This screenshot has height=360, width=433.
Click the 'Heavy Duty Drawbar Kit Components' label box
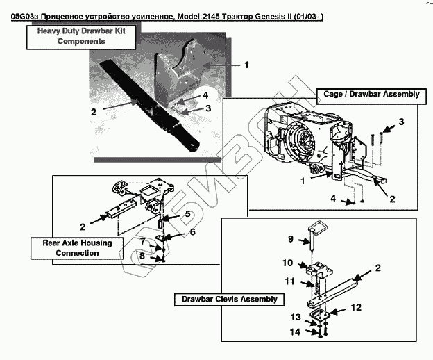click(81, 38)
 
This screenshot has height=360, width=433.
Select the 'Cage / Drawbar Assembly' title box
click(371, 96)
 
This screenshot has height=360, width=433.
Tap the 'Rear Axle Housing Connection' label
click(77, 248)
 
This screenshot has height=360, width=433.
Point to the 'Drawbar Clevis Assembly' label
click(229, 300)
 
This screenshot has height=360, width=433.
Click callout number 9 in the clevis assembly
click(291, 239)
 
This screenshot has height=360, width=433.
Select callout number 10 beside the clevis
click(287, 263)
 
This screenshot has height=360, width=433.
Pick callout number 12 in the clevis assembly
click(356, 307)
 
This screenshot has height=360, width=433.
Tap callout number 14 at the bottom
click(295, 332)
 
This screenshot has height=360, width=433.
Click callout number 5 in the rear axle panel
click(187, 214)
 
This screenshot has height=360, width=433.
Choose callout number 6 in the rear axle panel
click(192, 232)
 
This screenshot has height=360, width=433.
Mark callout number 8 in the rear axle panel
click(142, 256)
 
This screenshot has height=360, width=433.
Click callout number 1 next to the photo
click(246, 65)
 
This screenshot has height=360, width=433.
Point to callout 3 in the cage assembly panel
click(401, 122)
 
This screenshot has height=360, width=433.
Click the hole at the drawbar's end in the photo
click(194, 146)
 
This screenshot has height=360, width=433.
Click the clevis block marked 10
click(319, 269)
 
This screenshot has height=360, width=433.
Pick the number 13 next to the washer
click(296, 317)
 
